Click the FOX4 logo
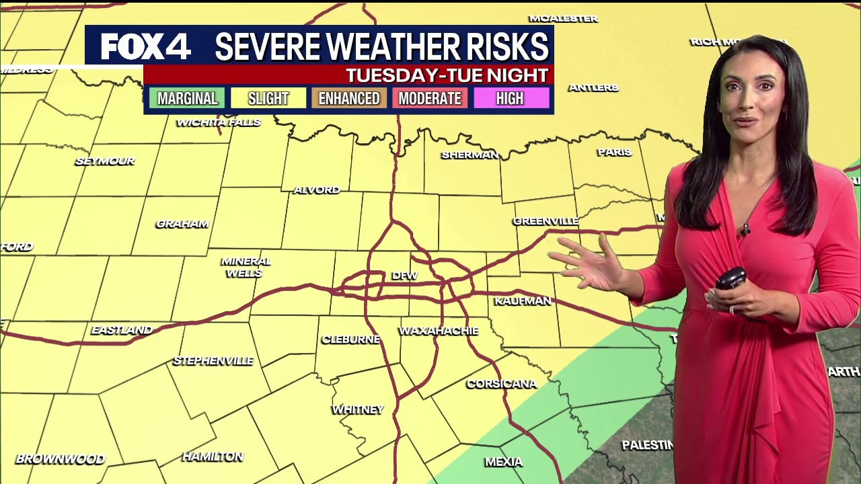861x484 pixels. pyautogui.click(x=146, y=46)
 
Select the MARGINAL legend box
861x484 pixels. pyautogui.click(x=187, y=99)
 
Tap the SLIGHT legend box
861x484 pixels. pyautogui.click(x=268, y=99)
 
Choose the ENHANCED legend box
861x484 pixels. pyautogui.click(x=348, y=99)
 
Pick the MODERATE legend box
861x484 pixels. pyautogui.click(x=430, y=99)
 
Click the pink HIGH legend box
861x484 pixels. pyautogui.click(x=510, y=99)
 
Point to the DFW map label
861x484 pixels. pyautogui.click(x=404, y=276)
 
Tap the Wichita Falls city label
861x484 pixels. pyautogui.click(x=218, y=122)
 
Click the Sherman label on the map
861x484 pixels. pyautogui.click(x=470, y=155)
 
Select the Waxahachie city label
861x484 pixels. pyautogui.click(x=439, y=331)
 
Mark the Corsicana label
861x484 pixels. pyautogui.click(x=502, y=384)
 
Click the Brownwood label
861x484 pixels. pyautogui.click(x=61, y=459)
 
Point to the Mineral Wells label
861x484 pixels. pyautogui.click(x=246, y=267)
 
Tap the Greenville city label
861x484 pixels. pyautogui.click(x=546, y=221)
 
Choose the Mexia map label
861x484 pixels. pyautogui.click(x=504, y=462)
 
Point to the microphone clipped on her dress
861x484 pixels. pyautogui.click(x=745, y=231)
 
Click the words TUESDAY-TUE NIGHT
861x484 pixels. pyautogui.click(x=447, y=75)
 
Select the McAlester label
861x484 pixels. pyautogui.click(x=563, y=19)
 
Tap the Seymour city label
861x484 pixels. pyautogui.click(x=105, y=161)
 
